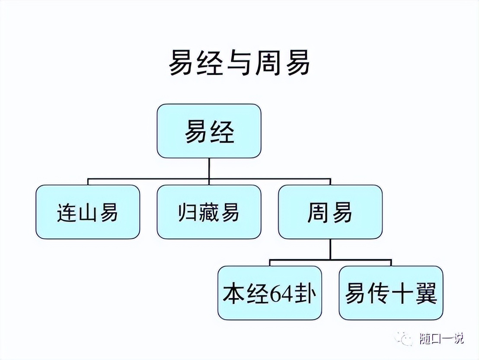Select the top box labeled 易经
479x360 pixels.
click(209, 131)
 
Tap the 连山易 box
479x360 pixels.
click(88, 212)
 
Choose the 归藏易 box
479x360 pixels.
click(209, 212)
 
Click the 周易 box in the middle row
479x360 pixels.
click(330, 212)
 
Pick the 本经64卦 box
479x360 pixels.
click(270, 293)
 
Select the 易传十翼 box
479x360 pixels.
click(391, 293)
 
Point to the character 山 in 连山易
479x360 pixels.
click(88, 212)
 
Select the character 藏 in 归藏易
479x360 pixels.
click(209, 212)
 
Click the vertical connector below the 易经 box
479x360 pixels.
click(209, 168)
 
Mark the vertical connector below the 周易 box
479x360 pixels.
click(330, 249)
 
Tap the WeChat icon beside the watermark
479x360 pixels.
click(406, 338)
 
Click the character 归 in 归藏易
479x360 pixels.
click(187, 212)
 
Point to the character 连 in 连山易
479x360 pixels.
click(66, 212)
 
